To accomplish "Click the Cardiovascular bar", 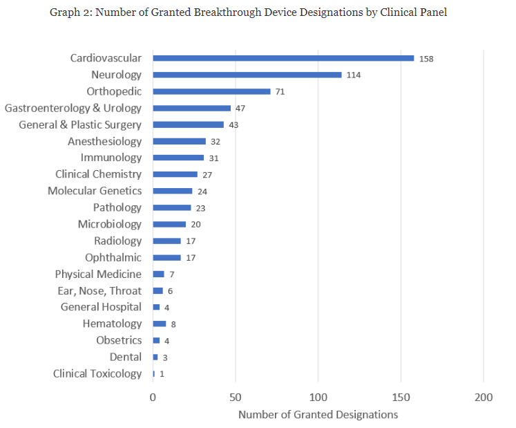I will tap(283, 58).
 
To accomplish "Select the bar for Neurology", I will tap(247, 75).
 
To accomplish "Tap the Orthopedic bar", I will tap(211, 91).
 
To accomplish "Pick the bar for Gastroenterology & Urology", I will tap(191, 108).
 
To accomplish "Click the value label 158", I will tap(426, 59).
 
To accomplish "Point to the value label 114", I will tap(354, 75).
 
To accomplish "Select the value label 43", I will tap(233, 125).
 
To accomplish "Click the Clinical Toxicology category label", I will tap(97, 373).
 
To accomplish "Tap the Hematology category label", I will tap(112, 324).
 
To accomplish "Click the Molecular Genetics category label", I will tap(95, 191).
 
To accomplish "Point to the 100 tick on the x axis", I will tap(318, 398).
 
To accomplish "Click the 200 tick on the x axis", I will tap(484, 398).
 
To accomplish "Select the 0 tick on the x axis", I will tap(153, 398).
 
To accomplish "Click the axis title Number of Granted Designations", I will tap(318, 415).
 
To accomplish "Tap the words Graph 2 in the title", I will tap(68, 13).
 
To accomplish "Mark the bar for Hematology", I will tap(160, 324).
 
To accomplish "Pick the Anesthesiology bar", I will tap(179, 141).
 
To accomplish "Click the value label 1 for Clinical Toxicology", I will tap(162, 374).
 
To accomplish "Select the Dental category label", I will tap(125, 357).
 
